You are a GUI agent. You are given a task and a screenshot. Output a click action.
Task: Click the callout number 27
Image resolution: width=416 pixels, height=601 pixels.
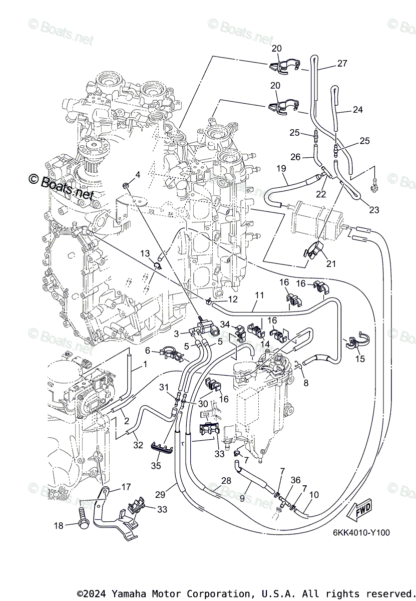(342, 64)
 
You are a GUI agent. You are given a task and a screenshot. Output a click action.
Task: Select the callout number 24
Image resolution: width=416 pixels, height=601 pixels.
(358, 110)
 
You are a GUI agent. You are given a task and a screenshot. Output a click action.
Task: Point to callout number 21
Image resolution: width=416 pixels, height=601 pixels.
(331, 263)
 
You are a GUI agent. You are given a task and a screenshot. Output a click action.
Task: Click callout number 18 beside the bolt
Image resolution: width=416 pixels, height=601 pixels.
(59, 525)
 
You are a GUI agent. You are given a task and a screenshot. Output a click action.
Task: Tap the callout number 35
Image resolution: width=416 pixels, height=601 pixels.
(156, 465)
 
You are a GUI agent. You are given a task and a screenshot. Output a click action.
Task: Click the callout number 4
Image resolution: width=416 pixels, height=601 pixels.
(137, 174)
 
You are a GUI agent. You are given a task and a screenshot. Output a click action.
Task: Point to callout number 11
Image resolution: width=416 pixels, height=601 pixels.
(258, 295)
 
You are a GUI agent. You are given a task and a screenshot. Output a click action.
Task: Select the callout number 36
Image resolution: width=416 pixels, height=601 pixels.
(295, 480)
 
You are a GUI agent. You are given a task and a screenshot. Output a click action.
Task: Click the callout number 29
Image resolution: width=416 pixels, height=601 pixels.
(160, 494)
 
